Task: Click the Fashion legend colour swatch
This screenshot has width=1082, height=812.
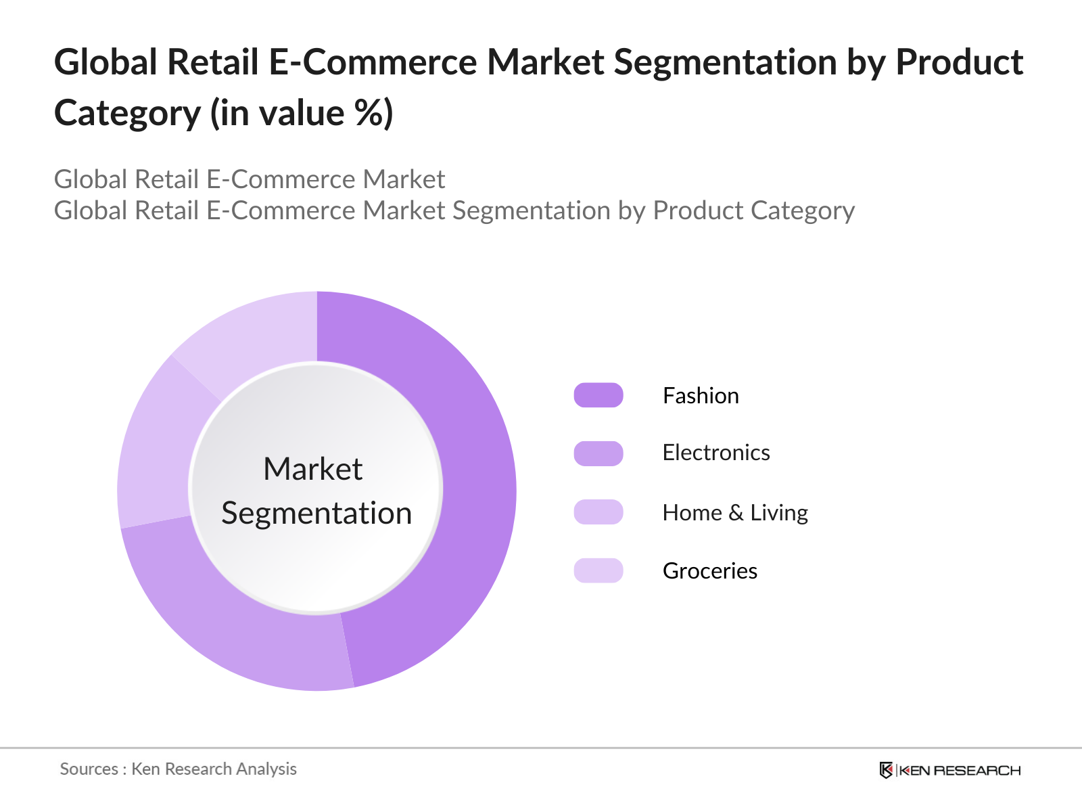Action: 598,395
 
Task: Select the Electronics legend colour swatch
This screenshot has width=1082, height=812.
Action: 598,453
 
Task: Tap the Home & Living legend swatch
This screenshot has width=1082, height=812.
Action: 598,512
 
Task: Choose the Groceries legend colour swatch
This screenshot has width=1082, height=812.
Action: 598,570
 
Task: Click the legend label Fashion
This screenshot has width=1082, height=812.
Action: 701,396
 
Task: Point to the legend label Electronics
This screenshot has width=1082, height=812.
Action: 716,453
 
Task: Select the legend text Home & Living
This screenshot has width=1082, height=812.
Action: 735,513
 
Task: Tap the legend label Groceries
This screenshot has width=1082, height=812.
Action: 710,571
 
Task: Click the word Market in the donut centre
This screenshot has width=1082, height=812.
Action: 312,469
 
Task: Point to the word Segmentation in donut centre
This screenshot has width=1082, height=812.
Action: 316,513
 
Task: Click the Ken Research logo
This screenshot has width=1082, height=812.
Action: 950,770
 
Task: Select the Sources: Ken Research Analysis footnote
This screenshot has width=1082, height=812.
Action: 178,769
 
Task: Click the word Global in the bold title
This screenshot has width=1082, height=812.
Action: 105,63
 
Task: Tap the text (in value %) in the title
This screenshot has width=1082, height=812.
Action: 302,113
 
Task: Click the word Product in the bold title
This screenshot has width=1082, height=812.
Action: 959,63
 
